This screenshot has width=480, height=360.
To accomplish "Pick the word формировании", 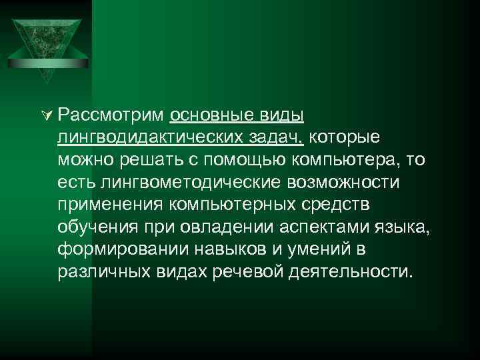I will click(124, 250).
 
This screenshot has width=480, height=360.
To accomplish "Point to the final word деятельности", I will click(355, 273).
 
